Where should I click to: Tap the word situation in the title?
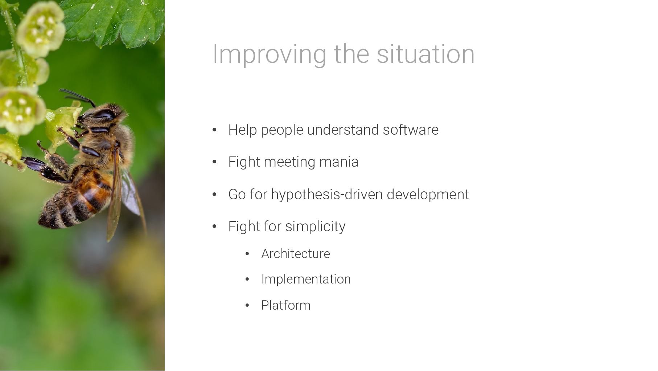click(425, 54)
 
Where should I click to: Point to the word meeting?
click(289, 162)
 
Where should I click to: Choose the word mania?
click(339, 162)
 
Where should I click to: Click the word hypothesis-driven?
click(327, 195)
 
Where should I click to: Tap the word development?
click(428, 195)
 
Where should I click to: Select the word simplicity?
click(315, 227)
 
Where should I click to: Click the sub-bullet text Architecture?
click(296, 254)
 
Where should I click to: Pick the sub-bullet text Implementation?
click(306, 279)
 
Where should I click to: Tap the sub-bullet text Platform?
click(286, 305)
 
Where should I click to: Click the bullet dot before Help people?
click(214, 130)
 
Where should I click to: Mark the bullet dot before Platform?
click(247, 306)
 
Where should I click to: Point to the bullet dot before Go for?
click(214, 195)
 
